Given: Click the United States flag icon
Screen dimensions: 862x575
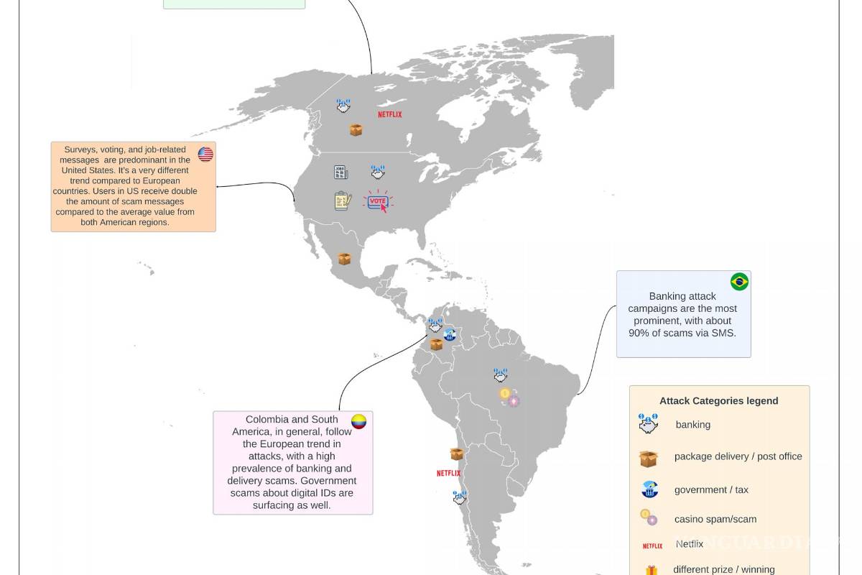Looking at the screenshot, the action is click(205, 154).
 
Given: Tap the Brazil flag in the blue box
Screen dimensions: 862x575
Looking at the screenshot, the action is click(739, 282).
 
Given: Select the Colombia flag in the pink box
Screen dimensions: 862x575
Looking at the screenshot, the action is click(358, 422).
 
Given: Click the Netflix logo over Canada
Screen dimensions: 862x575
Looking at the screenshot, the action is click(390, 114).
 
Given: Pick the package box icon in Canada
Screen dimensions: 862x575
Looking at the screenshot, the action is click(356, 130).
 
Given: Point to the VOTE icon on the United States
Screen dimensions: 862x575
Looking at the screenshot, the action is click(378, 202).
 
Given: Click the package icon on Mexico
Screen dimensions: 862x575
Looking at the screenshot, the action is click(344, 259).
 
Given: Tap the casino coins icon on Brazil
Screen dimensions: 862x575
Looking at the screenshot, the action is click(509, 397).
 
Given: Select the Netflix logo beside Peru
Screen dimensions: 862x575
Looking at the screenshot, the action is click(448, 473).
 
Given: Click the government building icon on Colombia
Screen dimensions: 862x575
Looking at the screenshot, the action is click(450, 334).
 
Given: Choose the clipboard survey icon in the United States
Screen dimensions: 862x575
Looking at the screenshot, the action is click(343, 201).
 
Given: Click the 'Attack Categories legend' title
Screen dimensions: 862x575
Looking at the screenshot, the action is click(718, 401).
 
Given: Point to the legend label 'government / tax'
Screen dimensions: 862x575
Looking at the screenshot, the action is click(711, 489).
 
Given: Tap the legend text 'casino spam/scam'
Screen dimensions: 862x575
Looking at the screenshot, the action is click(715, 519).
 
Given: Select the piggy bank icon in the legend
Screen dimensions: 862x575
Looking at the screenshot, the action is click(649, 425).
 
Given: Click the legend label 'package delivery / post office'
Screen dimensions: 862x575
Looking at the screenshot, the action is click(738, 456).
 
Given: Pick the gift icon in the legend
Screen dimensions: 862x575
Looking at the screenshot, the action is click(651, 570).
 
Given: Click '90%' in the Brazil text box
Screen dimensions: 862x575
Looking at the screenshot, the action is click(639, 333).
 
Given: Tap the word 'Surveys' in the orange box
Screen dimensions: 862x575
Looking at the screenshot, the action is click(80, 149).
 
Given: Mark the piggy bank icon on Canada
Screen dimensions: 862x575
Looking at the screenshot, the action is click(343, 106).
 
